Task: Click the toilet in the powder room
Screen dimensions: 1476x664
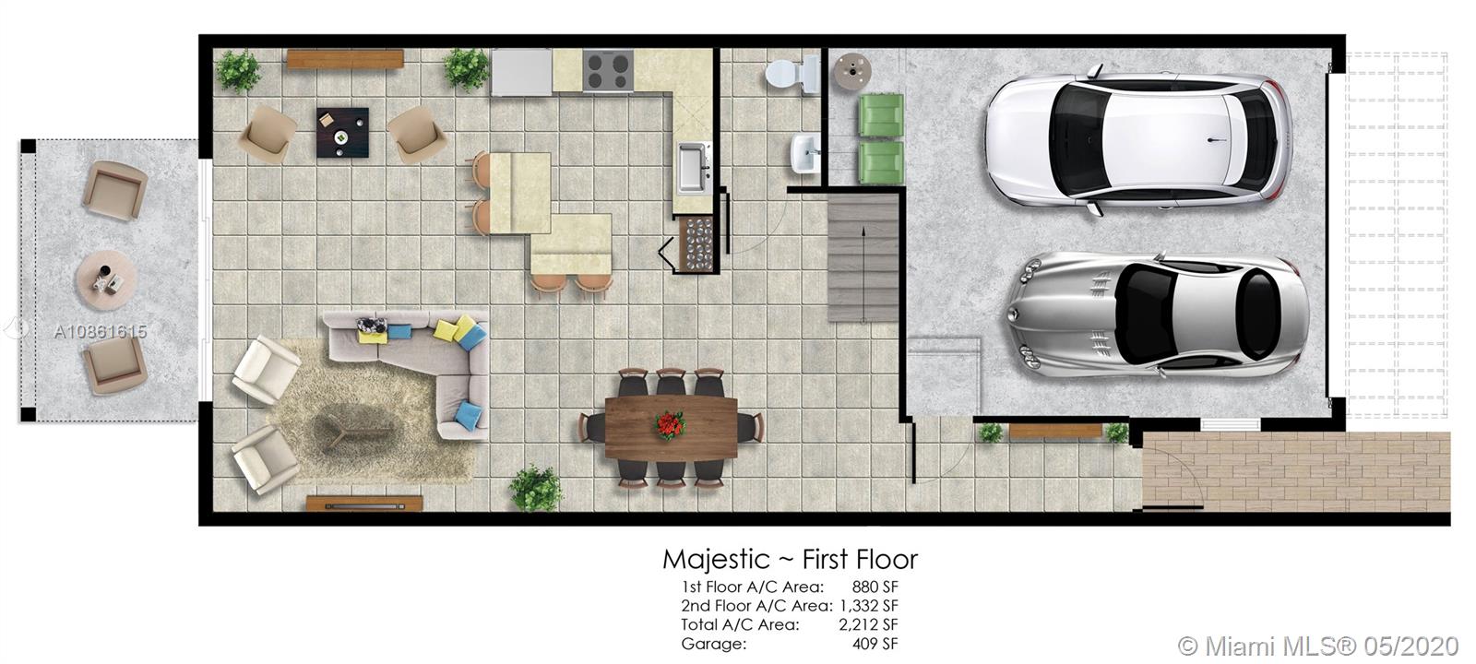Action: click(792, 74)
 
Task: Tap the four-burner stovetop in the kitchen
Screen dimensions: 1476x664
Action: click(608, 70)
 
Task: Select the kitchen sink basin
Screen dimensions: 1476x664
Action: click(692, 168)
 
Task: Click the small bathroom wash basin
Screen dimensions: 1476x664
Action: click(805, 153)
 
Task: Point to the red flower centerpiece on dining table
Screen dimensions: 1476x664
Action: click(670, 425)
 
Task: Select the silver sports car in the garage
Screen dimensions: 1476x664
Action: click(1156, 315)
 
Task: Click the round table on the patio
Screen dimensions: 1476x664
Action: click(106, 280)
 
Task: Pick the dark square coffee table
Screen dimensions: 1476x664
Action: click(342, 133)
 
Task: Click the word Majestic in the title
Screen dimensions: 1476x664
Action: click(716, 560)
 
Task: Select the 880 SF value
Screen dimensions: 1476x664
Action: click(875, 587)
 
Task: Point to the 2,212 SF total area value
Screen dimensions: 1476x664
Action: click(868, 624)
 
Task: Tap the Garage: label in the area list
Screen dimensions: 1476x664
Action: click(714, 644)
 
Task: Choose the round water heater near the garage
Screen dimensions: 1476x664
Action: click(852, 72)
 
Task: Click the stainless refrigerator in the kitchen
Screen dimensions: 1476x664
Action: click(521, 72)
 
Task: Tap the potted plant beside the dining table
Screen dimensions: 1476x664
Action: click(536, 488)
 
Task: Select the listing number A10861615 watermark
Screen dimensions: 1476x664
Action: click(101, 331)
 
